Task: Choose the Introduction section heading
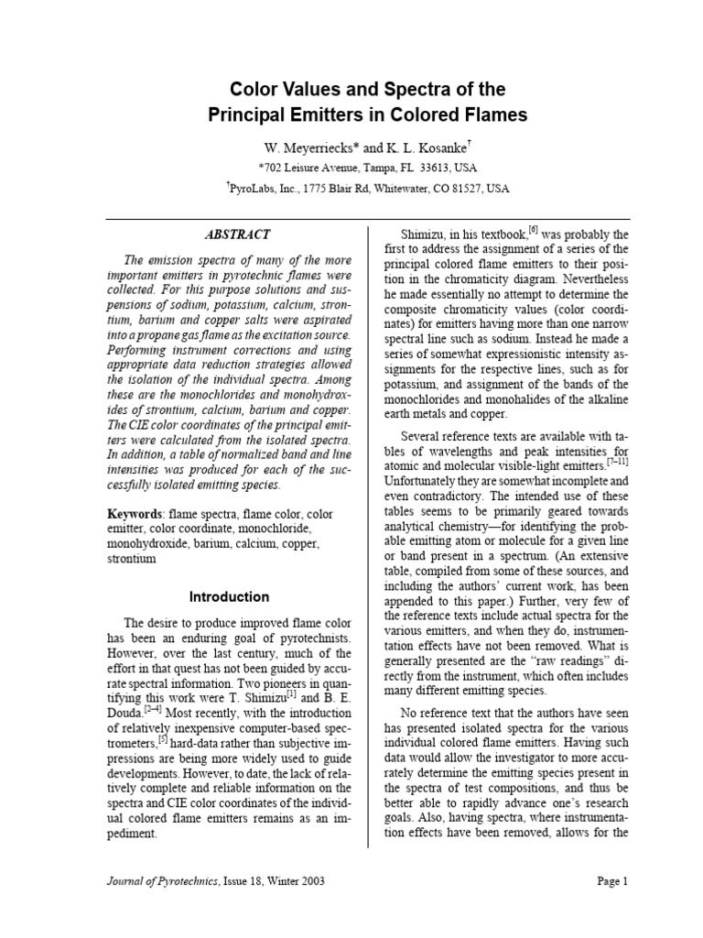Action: (x=229, y=596)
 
